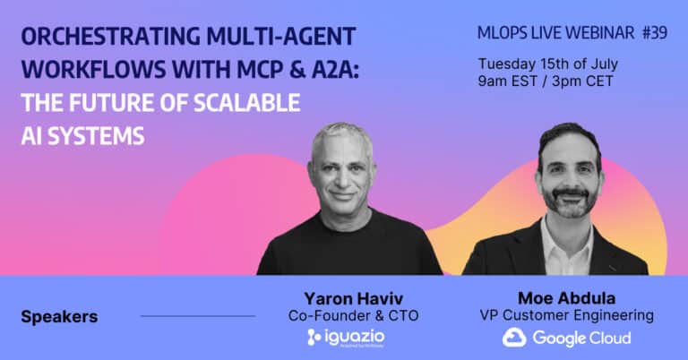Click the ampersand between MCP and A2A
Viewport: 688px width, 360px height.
coord(297,69)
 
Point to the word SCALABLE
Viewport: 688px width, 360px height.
coord(247,103)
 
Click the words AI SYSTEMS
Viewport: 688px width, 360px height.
coord(83,135)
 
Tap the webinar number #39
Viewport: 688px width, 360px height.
coord(655,32)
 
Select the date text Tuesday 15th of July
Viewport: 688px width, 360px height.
coord(548,64)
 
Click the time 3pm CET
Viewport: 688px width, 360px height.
coord(582,81)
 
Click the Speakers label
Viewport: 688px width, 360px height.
coord(59,317)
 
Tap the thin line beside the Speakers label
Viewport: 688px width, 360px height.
coord(198,316)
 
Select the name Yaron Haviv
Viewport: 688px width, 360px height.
coord(353,298)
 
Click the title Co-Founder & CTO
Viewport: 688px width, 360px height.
coord(353,316)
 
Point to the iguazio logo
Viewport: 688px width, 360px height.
coord(346,338)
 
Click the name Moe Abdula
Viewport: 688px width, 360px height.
coord(566,298)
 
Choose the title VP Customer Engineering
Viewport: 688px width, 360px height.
coord(566,315)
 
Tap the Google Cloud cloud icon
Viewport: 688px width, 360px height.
coord(514,338)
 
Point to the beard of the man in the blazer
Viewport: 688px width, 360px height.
coord(570,201)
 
